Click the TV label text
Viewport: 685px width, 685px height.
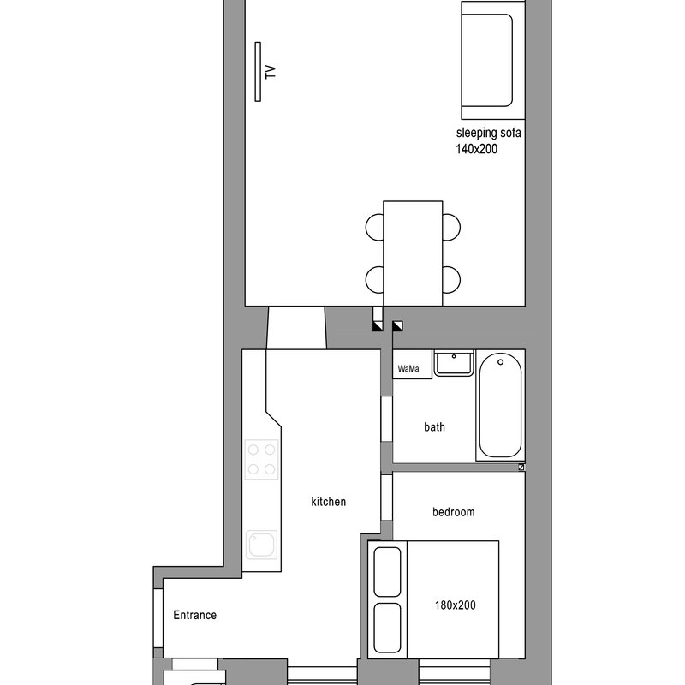(271, 72)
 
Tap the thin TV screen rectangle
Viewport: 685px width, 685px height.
(258, 72)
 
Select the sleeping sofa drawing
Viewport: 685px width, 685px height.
(493, 60)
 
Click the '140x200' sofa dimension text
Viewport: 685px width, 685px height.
(477, 149)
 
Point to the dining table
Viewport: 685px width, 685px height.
(413, 253)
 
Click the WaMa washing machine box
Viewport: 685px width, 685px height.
(413, 364)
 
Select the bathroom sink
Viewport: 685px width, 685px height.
(454, 362)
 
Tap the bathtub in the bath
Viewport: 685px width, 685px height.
(500, 405)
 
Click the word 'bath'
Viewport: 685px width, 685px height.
(435, 426)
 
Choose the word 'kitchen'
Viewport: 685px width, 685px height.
(329, 502)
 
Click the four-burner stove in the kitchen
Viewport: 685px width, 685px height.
(261, 459)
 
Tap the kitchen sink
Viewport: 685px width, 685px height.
(262, 545)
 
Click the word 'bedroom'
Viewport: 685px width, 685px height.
(454, 512)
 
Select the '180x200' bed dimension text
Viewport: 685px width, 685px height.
(456, 605)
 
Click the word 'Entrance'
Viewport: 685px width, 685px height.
(195, 615)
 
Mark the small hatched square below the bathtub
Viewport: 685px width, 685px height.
(521, 467)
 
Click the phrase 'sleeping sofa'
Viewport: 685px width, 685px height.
(488, 133)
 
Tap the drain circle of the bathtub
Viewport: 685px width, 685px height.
(501, 362)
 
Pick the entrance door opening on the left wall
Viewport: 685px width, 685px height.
(158, 617)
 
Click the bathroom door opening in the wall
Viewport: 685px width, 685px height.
(387, 419)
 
